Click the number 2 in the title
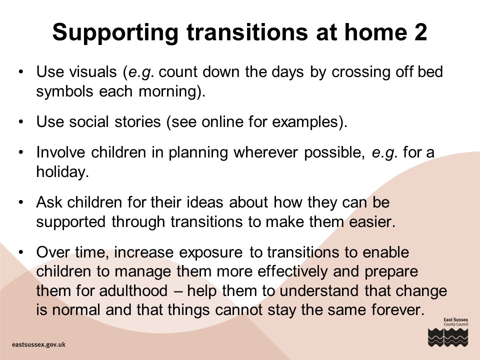click(420, 32)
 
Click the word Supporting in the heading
click(115, 33)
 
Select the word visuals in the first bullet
click(93, 72)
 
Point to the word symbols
click(64, 91)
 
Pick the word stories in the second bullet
click(137, 121)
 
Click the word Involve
click(60, 152)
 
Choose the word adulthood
click(133, 290)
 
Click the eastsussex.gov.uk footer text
click(38, 344)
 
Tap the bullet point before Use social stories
click(21, 122)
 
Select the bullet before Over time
click(21, 252)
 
